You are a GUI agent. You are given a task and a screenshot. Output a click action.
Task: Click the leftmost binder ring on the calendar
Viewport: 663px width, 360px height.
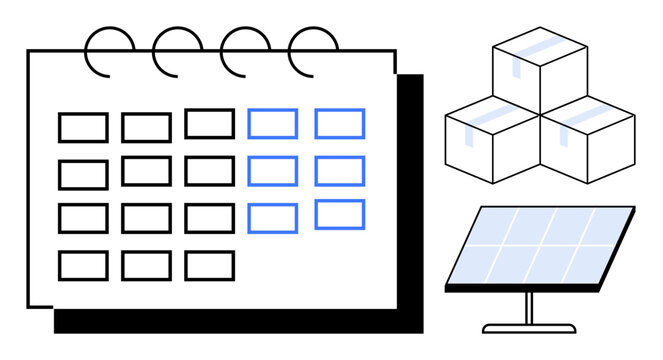pyautogui.click(x=109, y=51)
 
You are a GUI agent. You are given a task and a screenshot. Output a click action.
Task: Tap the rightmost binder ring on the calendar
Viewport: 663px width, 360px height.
pyautogui.click(x=313, y=51)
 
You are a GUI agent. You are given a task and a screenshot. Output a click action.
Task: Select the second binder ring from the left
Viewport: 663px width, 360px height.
pyautogui.click(x=177, y=51)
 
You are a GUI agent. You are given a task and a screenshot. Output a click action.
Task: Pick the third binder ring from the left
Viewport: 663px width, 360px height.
pyautogui.click(x=245, y=51)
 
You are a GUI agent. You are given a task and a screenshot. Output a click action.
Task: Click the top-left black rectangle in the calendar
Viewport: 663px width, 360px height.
pyautogui.click(x=83, y=128)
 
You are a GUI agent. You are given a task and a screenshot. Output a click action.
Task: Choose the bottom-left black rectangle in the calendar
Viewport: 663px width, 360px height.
pyautogui.click(x=83, y=265)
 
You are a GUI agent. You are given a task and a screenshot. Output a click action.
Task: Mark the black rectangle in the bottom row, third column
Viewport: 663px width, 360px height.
pyautogui.click(x=209, y=265)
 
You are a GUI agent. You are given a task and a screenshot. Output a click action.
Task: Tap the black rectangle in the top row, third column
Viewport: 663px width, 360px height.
pyautogui.click(x=209, y=124)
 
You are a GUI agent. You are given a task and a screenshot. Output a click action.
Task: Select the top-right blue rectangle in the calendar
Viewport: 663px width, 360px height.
pyautogui.click(x=340, y=124)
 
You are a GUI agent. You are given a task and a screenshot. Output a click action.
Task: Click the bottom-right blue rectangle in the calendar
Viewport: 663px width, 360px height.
pyautogui.click(x=340, y=214)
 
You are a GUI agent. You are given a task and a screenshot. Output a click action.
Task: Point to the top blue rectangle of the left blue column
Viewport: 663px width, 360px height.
pyautogui.click(x=272, y=124)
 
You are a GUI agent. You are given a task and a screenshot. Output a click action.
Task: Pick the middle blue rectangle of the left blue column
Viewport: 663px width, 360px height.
pyautogui.click(x=272, y=171)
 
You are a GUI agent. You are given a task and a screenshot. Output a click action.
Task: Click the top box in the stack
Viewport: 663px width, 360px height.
pyautogui.click(x=540, y=68)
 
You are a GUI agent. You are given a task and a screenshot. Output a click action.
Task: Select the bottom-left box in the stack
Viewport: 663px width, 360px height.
pyautogui.click(x=493, y=143)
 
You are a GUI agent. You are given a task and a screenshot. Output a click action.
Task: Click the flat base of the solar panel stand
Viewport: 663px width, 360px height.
pyautogui.click(x=529, y=327)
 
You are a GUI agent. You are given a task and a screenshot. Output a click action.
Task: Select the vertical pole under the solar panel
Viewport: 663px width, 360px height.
pyautogui.click(x=529, y=307)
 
